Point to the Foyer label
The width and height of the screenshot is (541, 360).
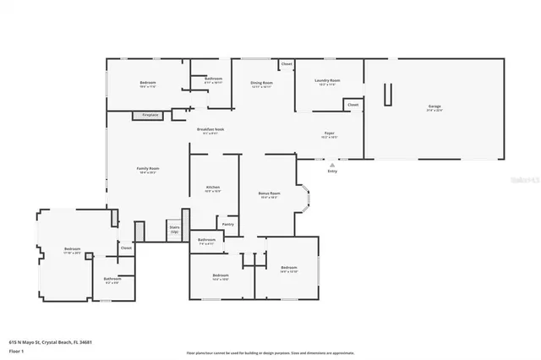click(x=329, y=134)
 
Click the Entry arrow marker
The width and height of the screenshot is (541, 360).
click(x=332, y=165)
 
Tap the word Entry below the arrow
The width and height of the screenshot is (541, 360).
click(x=332, y=172)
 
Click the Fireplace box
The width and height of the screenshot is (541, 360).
click(x=150, y=114)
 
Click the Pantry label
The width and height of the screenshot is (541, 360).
click(x=228, y=224)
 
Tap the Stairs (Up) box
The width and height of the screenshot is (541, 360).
click(x=175, y=229)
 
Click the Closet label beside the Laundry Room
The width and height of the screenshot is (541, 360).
click(x=352, y=105)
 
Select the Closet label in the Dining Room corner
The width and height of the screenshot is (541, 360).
click(x=287, y=64)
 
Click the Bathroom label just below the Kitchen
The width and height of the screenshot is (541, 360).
click(x=206, y=240)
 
